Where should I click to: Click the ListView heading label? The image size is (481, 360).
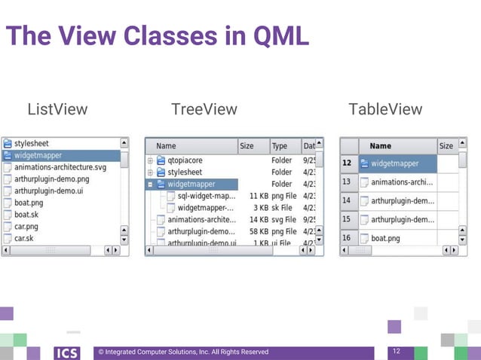pos(57,110)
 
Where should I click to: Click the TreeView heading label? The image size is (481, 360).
pos(204,110)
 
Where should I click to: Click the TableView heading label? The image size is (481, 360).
pos(385,110)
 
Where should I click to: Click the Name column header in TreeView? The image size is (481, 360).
pos(166,146)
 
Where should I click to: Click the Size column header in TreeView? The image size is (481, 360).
pos(247,146)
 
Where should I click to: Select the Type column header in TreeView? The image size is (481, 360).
pos(280,146)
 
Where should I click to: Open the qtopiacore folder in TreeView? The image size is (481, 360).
pos(185,160)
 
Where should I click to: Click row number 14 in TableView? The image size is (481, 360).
pos(346,200)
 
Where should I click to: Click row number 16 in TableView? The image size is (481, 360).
pos(346,238)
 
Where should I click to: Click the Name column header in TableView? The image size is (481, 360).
pos(381,146)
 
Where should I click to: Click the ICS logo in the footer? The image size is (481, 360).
pos(67,352)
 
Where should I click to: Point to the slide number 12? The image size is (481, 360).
pos(397,352)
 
